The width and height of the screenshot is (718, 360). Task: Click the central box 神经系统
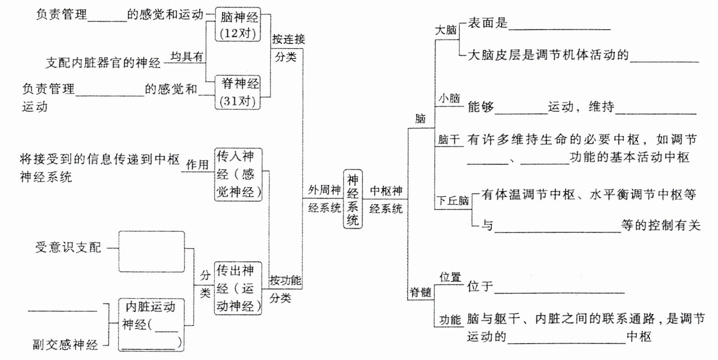[x=353, y=199]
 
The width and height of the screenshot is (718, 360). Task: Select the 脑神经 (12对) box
[x=238, y=25]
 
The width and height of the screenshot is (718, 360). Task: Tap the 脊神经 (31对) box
[x=238, y=92]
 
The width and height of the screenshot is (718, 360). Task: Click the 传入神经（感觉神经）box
[x=238, y=174]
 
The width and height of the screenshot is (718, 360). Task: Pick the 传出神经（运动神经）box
[x=238, y=288]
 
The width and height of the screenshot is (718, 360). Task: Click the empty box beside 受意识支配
[x=151, y=251]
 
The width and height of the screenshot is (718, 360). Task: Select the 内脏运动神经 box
[x=151, y=325]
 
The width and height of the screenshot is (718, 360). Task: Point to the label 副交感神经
[x=65, y=345]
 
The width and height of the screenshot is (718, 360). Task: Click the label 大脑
[x=445, y=30]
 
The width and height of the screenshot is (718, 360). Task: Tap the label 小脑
[x=449, y=98]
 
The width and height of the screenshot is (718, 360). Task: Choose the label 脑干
[x=449, y=140]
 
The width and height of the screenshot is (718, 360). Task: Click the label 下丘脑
[x=453, y=200]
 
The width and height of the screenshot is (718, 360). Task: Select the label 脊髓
[x=420, y=292]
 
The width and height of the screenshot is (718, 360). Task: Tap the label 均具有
[x=187, y=57]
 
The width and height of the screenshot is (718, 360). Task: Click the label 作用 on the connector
[x=197, y=165]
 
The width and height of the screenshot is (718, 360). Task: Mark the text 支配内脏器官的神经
[x=103, y=63]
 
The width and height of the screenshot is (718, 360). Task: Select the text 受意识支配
[x=68, y=247]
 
